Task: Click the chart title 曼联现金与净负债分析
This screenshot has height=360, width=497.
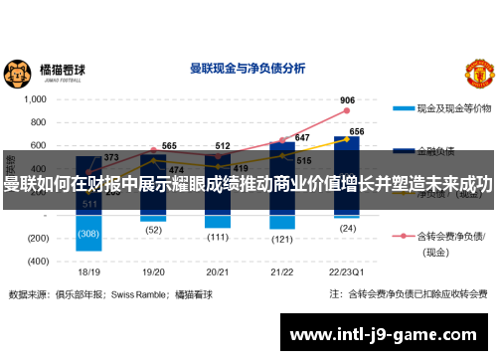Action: (247, 70)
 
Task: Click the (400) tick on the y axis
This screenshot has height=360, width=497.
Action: (35, 261)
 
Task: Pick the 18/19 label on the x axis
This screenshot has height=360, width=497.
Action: (89, 270)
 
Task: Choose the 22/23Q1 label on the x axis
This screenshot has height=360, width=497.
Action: (346, 270)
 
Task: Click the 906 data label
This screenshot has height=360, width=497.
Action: (347, 100)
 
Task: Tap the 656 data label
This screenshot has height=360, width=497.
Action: (356, 131)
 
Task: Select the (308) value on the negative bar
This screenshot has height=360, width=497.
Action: (89, 234)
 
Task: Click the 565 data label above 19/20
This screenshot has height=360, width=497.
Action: (168, 146)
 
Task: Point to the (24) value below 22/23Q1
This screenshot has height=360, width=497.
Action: (347, 227)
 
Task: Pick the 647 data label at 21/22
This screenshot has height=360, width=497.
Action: (301, 138)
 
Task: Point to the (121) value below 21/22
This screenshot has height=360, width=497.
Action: (282, 239)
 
